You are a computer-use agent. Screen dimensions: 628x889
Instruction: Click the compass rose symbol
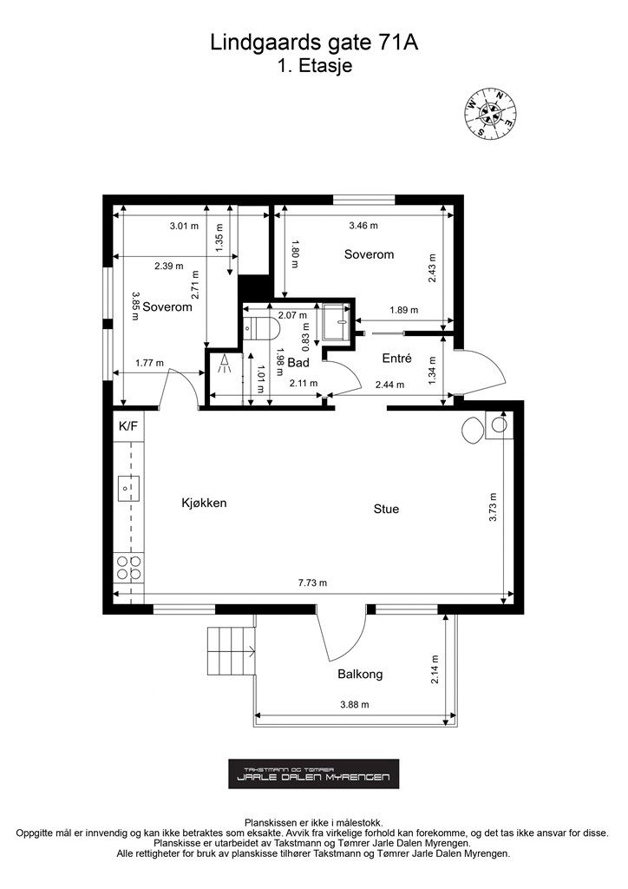490,114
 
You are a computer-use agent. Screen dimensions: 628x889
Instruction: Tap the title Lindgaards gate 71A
314,43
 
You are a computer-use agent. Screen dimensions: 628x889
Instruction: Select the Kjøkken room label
204,503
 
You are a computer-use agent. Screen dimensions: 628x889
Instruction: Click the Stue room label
386,509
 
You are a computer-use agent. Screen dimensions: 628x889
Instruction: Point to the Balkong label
360,674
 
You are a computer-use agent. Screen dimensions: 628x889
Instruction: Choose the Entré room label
396,359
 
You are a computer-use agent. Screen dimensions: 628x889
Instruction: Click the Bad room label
298,363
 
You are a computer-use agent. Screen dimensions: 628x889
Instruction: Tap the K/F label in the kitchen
128,426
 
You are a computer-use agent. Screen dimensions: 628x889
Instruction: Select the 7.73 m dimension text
312,583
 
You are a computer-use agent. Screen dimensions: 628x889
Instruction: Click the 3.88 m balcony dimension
355,705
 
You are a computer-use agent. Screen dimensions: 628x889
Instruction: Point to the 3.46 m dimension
363,226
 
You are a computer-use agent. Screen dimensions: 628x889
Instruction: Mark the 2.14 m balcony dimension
435,669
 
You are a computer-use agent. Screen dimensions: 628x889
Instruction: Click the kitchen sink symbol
128,488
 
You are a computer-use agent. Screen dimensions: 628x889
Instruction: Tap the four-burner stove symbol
128,568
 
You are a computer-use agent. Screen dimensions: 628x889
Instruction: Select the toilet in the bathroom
262,326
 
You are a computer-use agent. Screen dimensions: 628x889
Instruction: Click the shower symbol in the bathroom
225,364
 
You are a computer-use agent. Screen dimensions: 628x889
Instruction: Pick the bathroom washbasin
337,322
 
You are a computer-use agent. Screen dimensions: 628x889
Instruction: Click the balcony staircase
231,651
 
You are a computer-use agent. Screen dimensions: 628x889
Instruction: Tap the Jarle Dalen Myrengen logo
314,774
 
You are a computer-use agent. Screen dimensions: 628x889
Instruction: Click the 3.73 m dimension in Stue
493,507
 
